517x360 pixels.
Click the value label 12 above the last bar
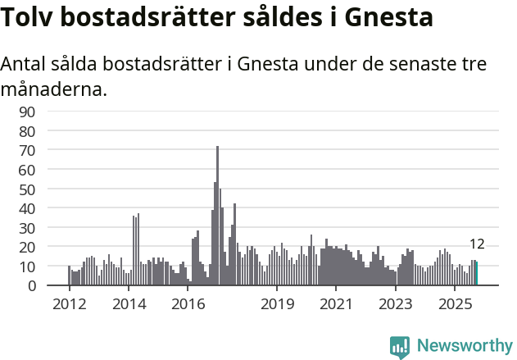tap(477, 244)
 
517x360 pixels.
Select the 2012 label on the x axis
tap(69, 304)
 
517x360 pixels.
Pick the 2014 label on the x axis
tap(129, 304)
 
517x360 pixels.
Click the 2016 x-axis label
tap(188, 304)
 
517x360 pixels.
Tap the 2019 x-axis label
tap(277, 304)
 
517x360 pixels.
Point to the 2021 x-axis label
tap(336, 304)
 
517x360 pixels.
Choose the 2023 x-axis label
tap(396, 304)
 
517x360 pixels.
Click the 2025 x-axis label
tap(455, 304)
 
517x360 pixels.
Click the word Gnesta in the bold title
tap(385, 18)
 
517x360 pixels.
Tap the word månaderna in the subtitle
tap(54, 89)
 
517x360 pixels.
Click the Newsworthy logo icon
tap(400, 346)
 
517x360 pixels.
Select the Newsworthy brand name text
tap(464, 346)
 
